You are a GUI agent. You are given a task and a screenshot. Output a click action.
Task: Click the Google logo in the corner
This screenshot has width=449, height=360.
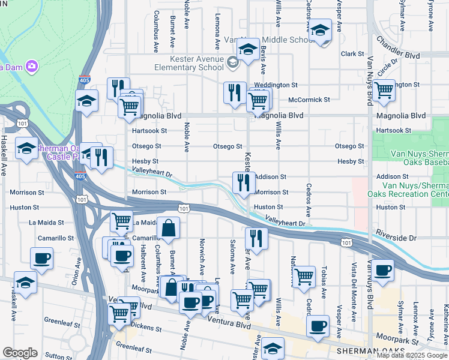point(20,353)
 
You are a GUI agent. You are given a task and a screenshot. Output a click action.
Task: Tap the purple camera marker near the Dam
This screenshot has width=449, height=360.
point(31,65)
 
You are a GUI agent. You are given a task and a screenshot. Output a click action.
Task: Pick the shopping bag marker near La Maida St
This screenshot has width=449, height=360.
point(169,227)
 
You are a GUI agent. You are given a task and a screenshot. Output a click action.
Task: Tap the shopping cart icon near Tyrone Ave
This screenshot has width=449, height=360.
point(383,91)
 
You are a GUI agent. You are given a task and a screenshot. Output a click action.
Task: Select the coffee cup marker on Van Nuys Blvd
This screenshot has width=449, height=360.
point(382,270)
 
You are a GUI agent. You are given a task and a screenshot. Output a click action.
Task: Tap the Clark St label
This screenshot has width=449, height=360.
point(349,54)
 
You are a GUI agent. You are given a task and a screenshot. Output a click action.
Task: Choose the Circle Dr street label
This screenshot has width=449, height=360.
point(388,65)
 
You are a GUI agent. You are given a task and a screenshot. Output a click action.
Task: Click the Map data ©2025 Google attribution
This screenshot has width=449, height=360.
point(412,355)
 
